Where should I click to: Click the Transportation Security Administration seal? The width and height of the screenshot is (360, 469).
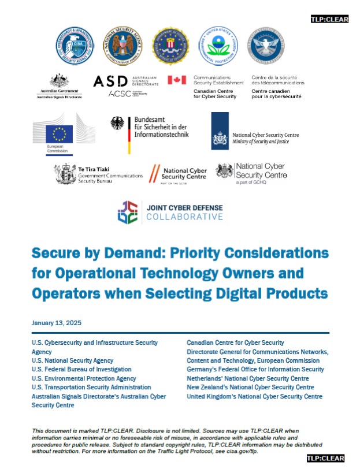point(265,46)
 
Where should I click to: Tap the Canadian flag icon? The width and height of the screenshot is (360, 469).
point(177,80)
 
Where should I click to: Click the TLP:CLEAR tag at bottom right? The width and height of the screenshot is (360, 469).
point(325,458)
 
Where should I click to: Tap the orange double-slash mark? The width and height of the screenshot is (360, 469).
point(154,173)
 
